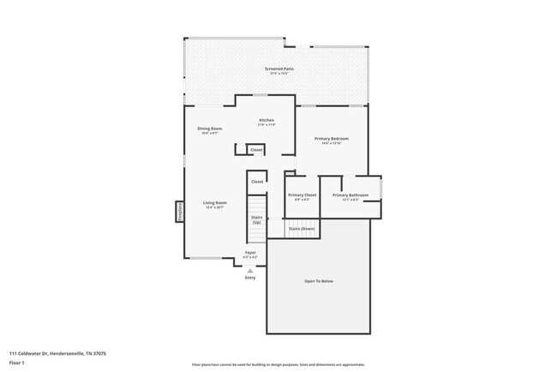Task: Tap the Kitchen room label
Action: [x=267, y=121]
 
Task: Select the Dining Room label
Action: [x=210, y=129]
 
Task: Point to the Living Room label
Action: [x=214, y=204]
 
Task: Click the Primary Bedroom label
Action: [x=331, y=140]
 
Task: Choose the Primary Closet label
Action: [x=301, y=195]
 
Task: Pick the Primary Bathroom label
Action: [x=350, y=195]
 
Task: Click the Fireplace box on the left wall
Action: [x=180, y=211]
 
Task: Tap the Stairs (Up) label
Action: [x=256, y=219]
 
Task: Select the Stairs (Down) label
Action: [x=301, y=229]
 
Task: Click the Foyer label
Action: [x=250, y=253]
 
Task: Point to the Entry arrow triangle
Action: [x=250, y=270]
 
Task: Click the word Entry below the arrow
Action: [x=250, y=278]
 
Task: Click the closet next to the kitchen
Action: [x=255, y=150]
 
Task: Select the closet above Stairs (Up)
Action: [x=256, y=182]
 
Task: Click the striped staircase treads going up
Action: [x=256, y=206]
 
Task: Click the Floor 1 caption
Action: [x=17, y=362]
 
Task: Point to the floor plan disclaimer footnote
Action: [x=278, y=364]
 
